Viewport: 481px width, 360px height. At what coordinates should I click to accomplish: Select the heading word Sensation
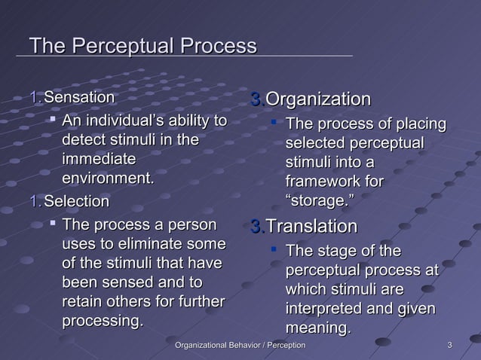[79, 98]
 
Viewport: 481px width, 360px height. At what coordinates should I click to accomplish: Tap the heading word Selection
[76, 202]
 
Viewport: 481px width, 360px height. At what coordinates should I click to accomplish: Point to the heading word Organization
[318, 99]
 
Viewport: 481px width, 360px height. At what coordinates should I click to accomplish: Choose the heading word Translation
[312, 226]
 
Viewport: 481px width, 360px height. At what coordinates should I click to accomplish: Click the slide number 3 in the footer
[449, 345]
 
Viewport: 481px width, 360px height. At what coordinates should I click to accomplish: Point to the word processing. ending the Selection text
[102, 322]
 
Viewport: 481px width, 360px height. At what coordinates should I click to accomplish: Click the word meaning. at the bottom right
[318, 328]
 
